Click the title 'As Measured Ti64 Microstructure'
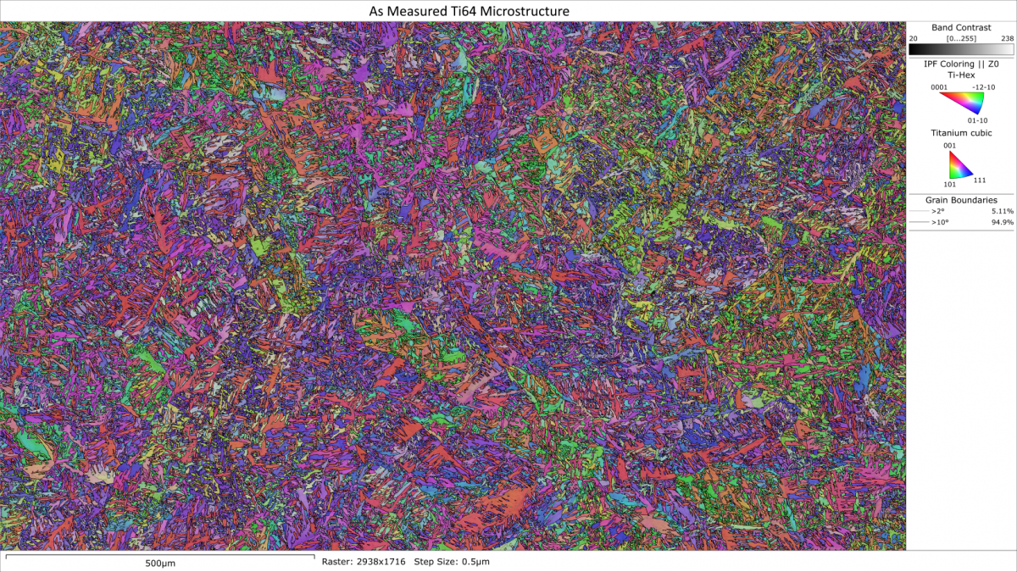click(469, 11)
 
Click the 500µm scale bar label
click(160, 563)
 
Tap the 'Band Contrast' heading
click(961, 28)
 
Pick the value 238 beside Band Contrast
click(1006, 39)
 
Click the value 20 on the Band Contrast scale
click(914, 39)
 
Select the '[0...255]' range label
click(961, 39)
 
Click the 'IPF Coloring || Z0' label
click(961, 64)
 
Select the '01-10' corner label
click(977, 120)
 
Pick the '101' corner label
click(949, 183)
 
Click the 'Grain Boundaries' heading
click(961, 200)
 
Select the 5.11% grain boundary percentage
click(1002, 210)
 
